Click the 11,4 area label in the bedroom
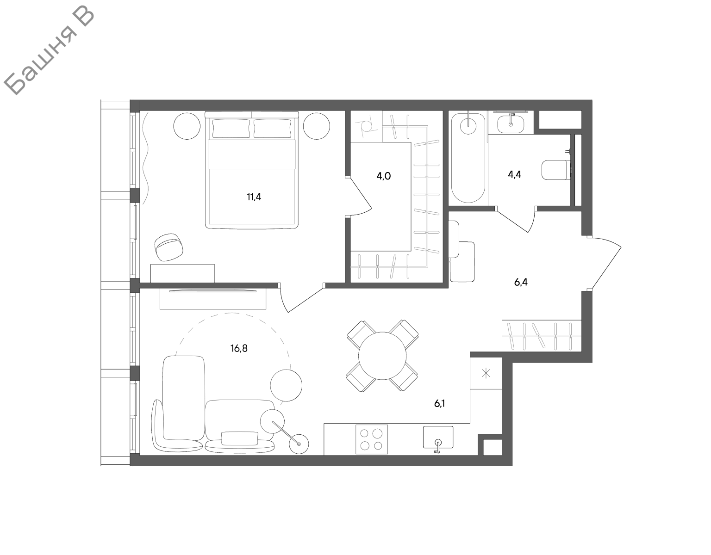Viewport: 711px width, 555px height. pyautogui.click(x=254, y=197)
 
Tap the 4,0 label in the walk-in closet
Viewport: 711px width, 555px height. pyautogui.click(x=383, y=177)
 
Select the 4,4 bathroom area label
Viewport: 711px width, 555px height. pyautogui.click(x=514, y=175)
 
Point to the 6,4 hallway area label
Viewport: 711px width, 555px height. pyautogui.click(x=521, y=282)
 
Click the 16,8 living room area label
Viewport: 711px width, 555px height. pyautogui.click(x=239, y=348)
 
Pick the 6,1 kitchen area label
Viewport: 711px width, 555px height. pyautogui.click(x=439, y=404)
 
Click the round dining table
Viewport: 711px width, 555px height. pyautogui.click(x=382, y=356)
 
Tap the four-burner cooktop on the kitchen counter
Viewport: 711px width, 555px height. pyautogui.click(x=371, y=439)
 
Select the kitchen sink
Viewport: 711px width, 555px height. pyautogui.click(x=438, y=437)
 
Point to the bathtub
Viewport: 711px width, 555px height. pyautogui.click(x=468, y=158)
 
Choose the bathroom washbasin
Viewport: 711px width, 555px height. pyautogui.click(x=511, y=124)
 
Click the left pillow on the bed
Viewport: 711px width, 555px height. pyautogui.click(x=231, y=128)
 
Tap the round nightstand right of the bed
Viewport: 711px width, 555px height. pyautogui.click(x=317, y=126)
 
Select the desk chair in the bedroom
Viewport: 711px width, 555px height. pyautogui.click(x=169, y=247)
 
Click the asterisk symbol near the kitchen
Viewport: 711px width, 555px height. pyautogui.click(x=486, y=373)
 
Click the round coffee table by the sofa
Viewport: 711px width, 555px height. pyautogui.click(x=286, y=385)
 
